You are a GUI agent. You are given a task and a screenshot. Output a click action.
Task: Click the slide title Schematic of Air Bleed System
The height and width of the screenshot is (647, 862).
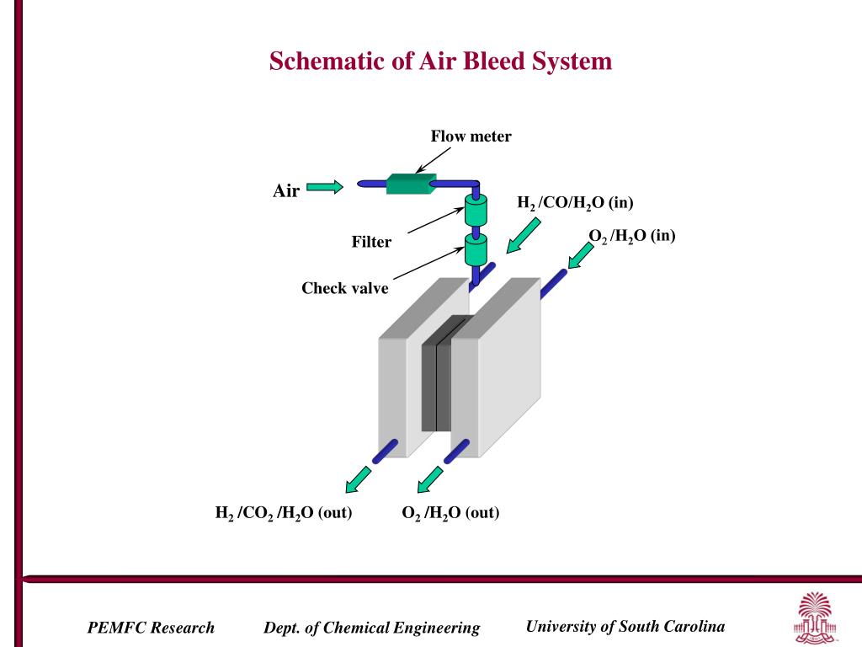pyautogui.click(x=440, y=61)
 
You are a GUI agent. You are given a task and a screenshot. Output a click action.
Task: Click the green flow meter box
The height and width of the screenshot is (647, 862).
pyautogui.click(x=410, y=183)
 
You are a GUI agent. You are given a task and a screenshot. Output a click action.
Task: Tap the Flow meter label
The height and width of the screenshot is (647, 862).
pyautogui.click(x=471, y=136)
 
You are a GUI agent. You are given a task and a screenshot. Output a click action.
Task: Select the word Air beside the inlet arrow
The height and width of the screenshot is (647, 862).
pyautogui.click(x=286, y=191)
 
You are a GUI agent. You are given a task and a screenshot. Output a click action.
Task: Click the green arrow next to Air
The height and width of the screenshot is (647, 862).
pyautogui.click(x=324, y=187)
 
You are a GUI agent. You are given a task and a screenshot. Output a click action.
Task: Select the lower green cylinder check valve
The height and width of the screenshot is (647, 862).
pyautogui.click(x=476, y=249)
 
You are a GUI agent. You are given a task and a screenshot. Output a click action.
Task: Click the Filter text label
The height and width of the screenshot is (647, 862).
pyautogui.click(x=371, y=243)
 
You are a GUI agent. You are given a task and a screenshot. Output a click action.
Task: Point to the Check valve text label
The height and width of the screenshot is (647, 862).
pyautogui.click(x=345, y=289)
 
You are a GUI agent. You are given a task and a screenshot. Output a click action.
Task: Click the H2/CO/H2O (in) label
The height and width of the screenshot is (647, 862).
pyautogui.click(x=575, y=203)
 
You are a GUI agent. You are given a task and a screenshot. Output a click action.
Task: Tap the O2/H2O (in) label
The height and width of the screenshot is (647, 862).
pyautogui.click(x=632, y=237)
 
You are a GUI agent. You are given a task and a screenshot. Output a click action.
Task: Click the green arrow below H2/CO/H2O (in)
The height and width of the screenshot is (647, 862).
pyautogui.click(x=523, y=234)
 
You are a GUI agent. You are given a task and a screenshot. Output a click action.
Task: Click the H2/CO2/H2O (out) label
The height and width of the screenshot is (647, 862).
pyautogui.click(x=284, y=512)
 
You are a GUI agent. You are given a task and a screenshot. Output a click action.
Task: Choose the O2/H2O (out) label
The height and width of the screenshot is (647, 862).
pyautogui.click(x=450, y=512)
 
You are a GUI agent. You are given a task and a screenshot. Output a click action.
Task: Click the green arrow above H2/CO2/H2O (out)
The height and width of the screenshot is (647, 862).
pyautogui.click(x=359, y=479)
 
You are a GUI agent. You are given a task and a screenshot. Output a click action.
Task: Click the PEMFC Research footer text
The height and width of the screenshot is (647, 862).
pyautogui.click(x=151, y=628)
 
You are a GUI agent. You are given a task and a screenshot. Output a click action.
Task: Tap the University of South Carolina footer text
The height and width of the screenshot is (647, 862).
pyautogui.click(x=625, y=626)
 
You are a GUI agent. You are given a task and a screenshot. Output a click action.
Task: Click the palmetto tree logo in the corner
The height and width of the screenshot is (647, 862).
pyautogui.click(x=812, y=617)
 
